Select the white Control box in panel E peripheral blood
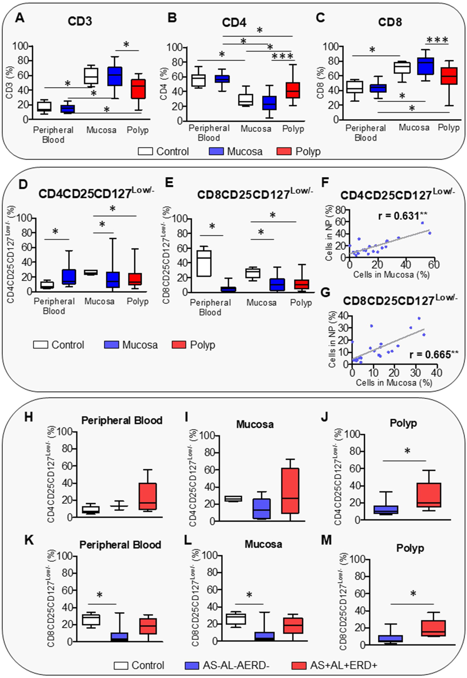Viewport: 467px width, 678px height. pyautogui.click(x=204, y=263)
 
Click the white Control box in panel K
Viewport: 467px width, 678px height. pyautogui.click(x=91, y=620)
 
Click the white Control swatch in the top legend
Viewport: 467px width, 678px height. pyautogui.click(x=145, y=152)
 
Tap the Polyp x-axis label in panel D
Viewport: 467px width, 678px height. pyautogui.click(x=138, y=301)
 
